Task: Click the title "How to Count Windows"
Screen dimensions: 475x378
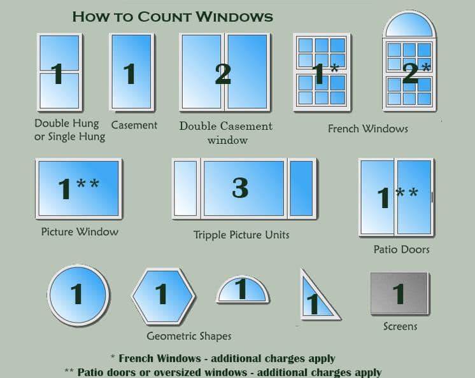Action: coord(173,17)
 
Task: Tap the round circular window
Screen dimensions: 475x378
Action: coord(78,295)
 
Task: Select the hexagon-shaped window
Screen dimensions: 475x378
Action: coord(164,296)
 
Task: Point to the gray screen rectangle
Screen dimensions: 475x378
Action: coord(400,293)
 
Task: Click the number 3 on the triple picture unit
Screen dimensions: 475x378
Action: coord(240,188)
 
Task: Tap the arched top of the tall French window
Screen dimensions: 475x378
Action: coord(409,24)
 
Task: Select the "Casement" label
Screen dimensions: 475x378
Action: coord(134,125)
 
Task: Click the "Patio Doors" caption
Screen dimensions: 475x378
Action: coord(401,249)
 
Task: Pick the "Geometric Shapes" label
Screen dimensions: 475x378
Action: coord(189,336)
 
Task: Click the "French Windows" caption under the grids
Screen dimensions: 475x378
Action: coord(368,129)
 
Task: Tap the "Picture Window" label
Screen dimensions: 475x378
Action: coord(80,232)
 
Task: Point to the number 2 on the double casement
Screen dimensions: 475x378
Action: coord(223,74)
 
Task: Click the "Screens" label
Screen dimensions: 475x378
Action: coord(400,326)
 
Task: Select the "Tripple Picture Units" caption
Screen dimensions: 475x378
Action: coord(241,235)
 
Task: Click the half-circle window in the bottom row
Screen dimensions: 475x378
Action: coord(243,290)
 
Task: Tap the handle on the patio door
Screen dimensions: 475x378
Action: coord(432,197)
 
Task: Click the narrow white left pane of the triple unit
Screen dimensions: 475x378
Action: coord(185,188)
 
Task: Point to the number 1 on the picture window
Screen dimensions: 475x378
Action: coord(64,188)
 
